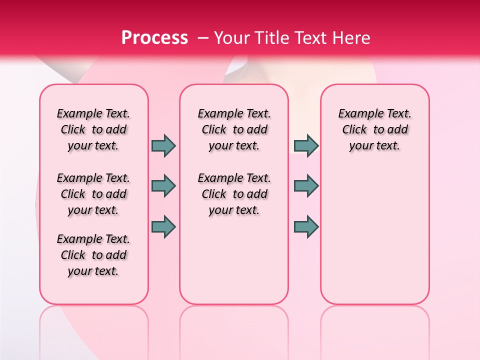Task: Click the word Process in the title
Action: coord(154,37)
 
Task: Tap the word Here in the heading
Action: coord(350,37)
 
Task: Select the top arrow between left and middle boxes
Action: coord(163,145)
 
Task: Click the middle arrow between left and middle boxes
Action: coord(163,186)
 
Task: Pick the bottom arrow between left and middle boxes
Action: coord(163,226)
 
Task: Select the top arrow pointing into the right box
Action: coord(306,145)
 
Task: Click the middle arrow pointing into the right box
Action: coord(306,186)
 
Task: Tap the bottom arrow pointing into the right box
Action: coord(306,226)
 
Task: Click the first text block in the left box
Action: coord(93,129)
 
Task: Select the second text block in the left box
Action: coord(93,194)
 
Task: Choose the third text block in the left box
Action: coord(93,255)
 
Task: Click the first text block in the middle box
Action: coord(234,129)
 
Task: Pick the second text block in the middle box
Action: coord(234,194)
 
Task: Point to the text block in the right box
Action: coord(375,129)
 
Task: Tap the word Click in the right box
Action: coord(354,130)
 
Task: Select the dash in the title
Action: coord(203,37)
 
